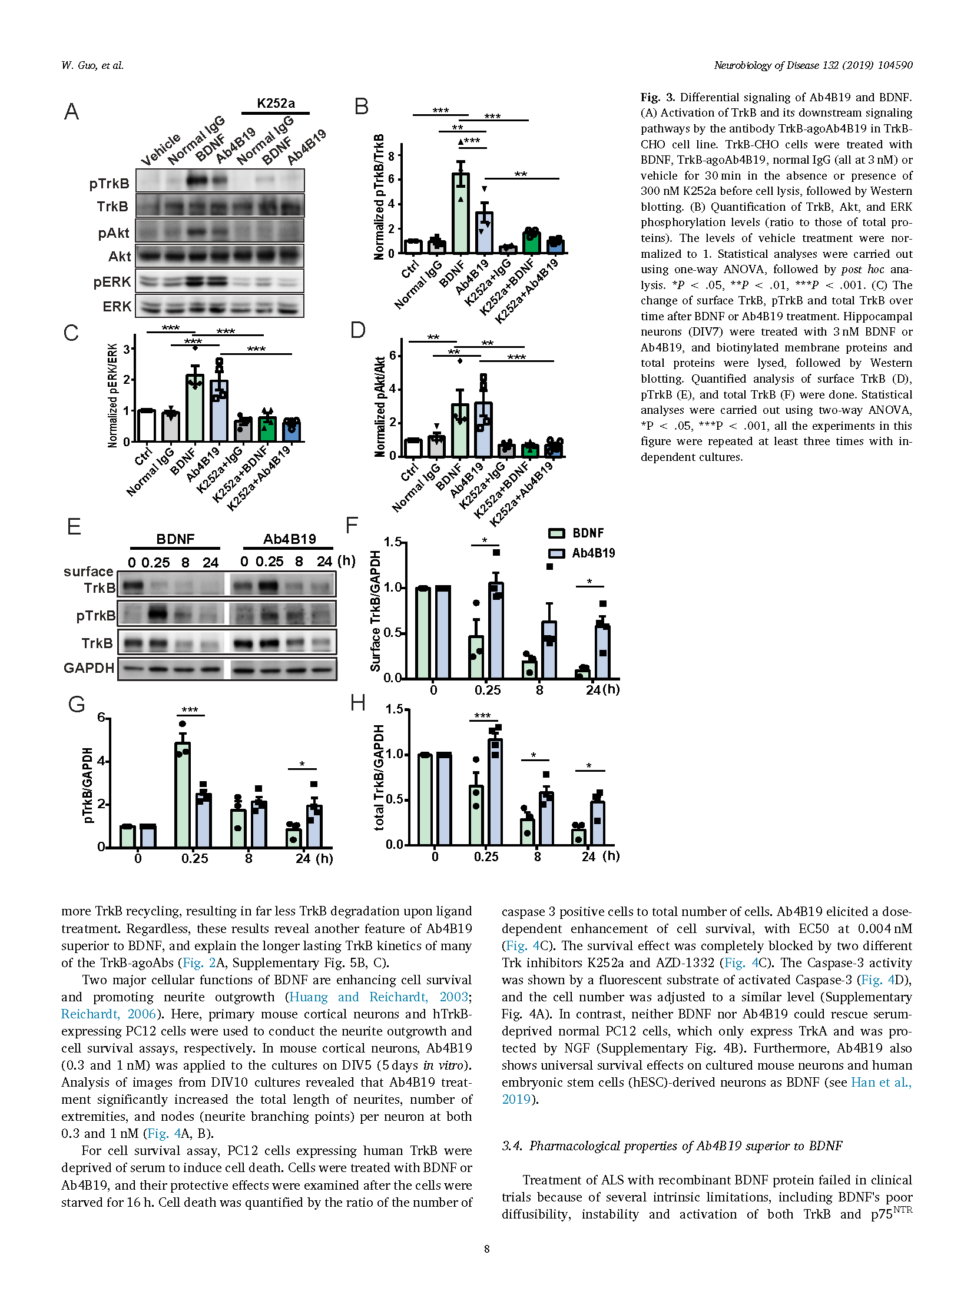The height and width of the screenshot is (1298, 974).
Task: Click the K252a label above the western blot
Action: point(276,103)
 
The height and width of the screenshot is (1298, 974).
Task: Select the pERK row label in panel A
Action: point(112,282)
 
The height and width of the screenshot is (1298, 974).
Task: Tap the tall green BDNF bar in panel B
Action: point(461,213)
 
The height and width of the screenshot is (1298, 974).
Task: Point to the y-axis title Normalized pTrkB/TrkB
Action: point(379,197)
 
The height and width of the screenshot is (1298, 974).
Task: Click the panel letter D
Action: point(358,330)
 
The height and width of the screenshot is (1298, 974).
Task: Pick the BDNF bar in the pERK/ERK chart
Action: point(195,408)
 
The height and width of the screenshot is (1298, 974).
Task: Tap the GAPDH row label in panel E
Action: point(89,668)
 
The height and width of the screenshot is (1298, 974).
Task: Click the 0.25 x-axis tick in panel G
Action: point(195,858)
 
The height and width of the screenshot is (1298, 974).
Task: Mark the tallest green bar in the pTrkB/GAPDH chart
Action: point(183,795)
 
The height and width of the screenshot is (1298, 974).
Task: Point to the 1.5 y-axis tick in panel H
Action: point(395,709)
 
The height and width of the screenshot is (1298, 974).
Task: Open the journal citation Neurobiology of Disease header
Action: point(813,65)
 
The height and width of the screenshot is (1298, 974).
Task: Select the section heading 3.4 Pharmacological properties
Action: point(672,1146)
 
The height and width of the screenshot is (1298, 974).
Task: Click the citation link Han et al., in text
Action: point(882,1082)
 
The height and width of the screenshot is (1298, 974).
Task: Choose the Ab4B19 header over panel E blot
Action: point(290,539)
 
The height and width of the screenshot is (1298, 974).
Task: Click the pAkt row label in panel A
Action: point(114,233)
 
